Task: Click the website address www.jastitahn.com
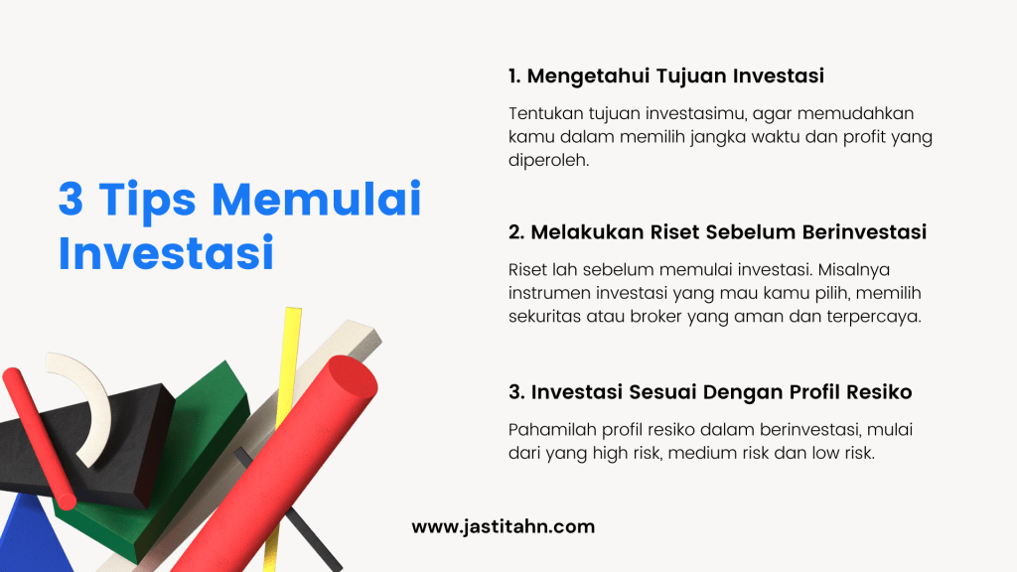pos(503,527)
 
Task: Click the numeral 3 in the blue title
pos(71,200)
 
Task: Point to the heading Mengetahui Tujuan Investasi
pos(666,75)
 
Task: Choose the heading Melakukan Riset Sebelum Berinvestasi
pos(717,232)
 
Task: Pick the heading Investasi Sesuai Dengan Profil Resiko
pos(710,392)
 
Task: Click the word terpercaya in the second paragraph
pos(876,317)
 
